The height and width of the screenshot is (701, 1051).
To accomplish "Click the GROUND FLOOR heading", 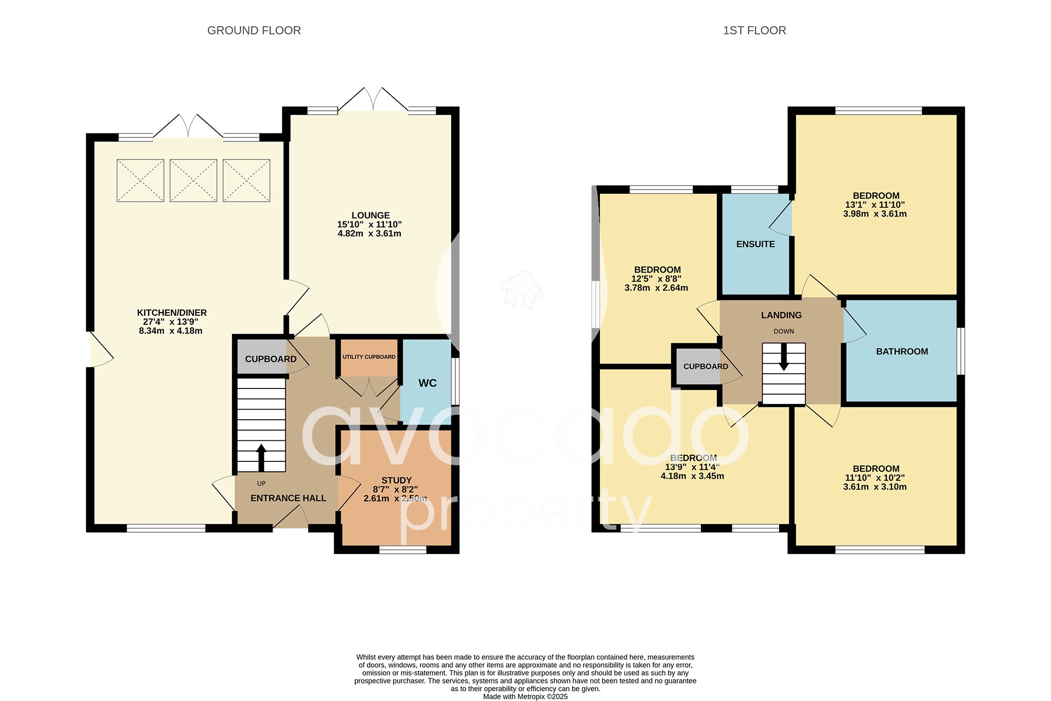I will pyautogui.click(x=254, y=31).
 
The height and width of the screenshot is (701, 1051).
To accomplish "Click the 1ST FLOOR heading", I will pyautogui.click(x=754, y=31).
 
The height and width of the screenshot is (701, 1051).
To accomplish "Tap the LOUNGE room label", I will pyautogui.click(x=371, y=216).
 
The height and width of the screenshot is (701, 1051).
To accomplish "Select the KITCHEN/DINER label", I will pyautogui.click(x=171, y=313).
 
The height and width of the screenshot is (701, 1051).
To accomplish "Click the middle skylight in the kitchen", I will pyautogui.click(x=193, y=181).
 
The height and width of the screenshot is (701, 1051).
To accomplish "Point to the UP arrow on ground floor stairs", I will pyautogui.click(x=261, y=457).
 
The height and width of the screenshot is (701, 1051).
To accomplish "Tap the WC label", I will pyautogui.click(x=427, y=383).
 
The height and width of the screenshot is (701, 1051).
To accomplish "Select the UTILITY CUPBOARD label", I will pyautogui.click(x=369, y=357).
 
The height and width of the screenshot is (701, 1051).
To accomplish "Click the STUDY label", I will pyautogui.click(x=396, y=481).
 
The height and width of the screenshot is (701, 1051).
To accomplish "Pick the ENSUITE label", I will pyautogui.click(x=755, y=244).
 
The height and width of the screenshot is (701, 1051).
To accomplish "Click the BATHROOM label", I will pyautogui.click(x=902, y=352).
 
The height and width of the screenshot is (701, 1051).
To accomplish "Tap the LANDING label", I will pyautogui.click(x=781, y=315).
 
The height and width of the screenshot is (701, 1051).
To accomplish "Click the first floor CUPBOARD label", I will pyautogui.click(x=706, y=366).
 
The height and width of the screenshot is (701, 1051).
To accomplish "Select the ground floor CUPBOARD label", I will pyautogui.click(x=270, y=359).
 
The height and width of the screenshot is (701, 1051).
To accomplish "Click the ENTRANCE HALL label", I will pyautogui.click(x=288, y=498).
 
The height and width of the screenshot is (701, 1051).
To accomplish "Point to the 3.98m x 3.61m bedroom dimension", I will pyautogui.click(x=874, y=214).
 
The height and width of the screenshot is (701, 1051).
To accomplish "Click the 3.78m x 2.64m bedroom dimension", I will pyautogui.click(x=656, y=288).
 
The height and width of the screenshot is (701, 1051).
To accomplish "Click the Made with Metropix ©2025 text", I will pyautogui.click(x=525, y=697).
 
